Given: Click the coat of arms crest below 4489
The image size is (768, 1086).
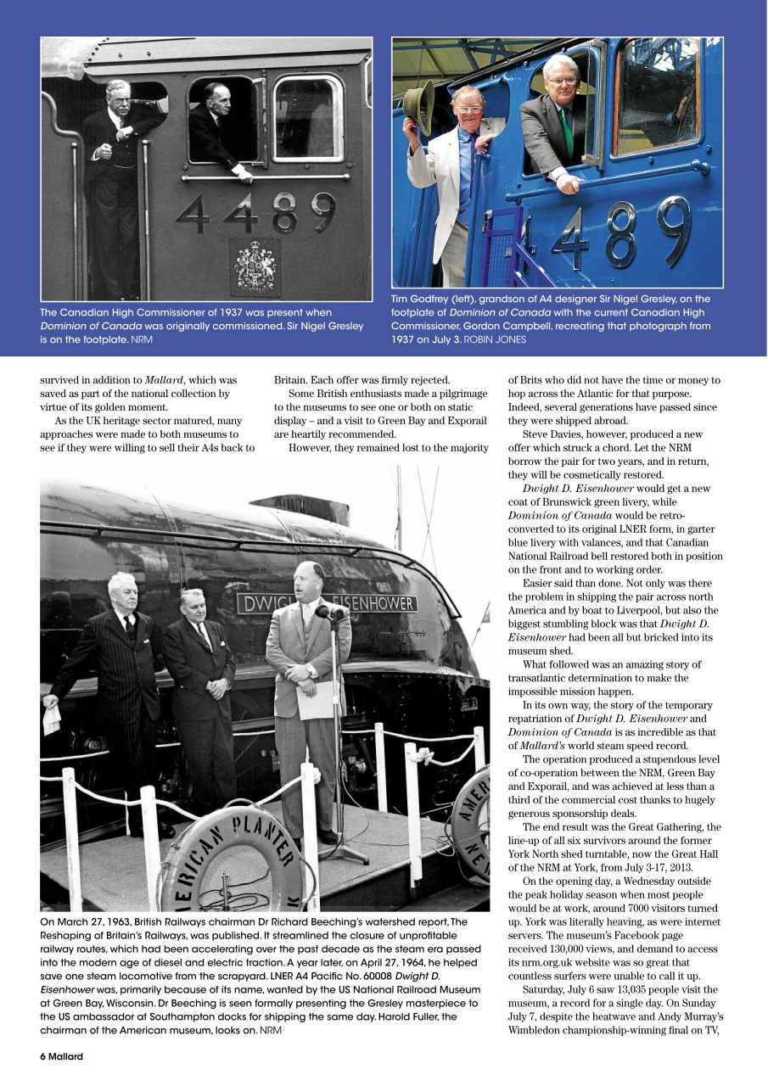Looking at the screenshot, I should pos(255,266).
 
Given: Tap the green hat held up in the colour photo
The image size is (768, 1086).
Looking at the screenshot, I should pos(418,106).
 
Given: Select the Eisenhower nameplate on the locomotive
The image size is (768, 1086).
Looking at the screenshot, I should pos(328,603).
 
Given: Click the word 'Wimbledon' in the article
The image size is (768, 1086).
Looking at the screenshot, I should pos(542,1031).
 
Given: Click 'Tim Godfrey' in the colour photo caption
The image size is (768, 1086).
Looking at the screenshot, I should pos(421,299).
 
